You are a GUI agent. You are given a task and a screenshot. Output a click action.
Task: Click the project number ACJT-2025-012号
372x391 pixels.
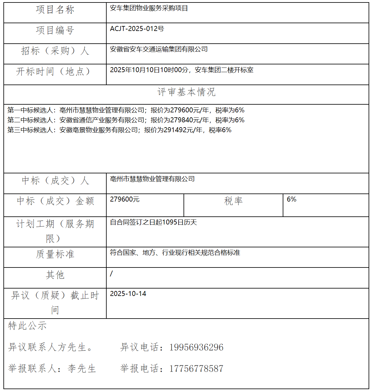click(x=137, y=29)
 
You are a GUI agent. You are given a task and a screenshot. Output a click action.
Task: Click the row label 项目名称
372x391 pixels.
click(x=55, y=10)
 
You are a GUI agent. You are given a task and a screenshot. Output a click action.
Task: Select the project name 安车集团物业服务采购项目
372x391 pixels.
click(x=149, y=8)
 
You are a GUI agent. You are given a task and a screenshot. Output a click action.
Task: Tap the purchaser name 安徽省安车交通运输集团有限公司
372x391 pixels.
click(x=159, y=49)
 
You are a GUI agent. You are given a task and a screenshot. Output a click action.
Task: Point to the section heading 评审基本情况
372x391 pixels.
click(x=186, y=92)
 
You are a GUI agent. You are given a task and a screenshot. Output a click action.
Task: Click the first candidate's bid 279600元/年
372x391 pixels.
click(x=189, y=110)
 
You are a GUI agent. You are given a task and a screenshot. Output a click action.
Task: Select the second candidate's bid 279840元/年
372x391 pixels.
click(x=189, y=120)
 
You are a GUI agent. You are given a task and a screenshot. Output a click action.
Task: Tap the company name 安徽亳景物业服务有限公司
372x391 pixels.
click(x=99, y=130)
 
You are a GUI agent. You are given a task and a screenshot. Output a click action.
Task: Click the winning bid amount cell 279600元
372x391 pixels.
click(x=125, y=199)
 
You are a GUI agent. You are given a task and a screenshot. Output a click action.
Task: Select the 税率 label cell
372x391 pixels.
click(x=233, y=201)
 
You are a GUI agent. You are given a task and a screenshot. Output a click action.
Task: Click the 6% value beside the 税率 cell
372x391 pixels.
click(x=291, y=199)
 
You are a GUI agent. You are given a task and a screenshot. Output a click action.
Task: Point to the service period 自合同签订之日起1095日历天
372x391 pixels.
click(x=153, y=222)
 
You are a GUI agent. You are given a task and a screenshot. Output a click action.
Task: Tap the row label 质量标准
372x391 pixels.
click(x=55, y=254)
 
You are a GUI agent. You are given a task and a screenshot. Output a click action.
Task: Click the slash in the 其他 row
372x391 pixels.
click(x=111, y=274)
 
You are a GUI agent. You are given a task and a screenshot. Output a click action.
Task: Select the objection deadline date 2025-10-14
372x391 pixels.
click(x=128, y=294)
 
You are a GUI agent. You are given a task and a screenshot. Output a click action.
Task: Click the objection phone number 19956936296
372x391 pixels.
click(x=196, y=347)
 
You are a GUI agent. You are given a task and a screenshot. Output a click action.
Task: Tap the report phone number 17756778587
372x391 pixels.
click(x=196, y=369)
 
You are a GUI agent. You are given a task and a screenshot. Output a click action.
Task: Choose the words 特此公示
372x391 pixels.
click(x=27, y=326)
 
